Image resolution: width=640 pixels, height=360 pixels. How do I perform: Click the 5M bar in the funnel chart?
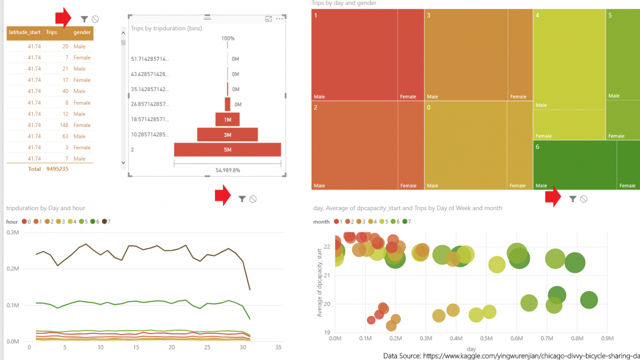point(227,150)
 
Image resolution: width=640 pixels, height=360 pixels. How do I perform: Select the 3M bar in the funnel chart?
point(227,135)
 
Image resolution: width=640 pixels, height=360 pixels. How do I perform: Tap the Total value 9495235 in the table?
point(58,169)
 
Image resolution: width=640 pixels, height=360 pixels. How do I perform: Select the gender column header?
point(82,33)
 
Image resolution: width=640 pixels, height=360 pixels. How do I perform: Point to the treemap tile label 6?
point(538,147)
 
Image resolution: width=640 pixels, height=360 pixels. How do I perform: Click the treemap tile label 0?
point(428,107)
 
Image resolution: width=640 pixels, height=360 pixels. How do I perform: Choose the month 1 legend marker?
point(337,221)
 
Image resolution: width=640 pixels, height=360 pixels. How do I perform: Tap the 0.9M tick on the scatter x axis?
point(607,338)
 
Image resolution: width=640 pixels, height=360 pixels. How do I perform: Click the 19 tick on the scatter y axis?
point(327,332)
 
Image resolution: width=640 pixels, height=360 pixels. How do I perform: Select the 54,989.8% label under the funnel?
point(228,170)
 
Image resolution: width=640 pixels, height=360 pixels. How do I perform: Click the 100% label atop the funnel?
point(228,38)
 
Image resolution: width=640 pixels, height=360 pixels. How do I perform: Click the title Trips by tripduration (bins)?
point(166,28)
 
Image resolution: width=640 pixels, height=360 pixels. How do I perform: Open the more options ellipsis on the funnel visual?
point(279,19)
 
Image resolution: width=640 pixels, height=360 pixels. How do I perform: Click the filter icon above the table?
point(84,19)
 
